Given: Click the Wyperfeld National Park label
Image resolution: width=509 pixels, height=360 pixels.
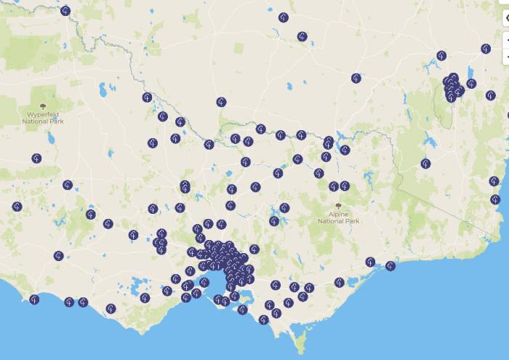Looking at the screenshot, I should (x=45, y=118).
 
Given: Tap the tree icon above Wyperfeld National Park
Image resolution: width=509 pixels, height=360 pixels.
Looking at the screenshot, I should (x=46, y=103).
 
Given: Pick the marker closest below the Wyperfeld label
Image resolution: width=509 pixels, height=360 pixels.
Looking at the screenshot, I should (x=36, y=158).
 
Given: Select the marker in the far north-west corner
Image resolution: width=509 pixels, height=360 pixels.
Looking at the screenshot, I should (x=65, y=11).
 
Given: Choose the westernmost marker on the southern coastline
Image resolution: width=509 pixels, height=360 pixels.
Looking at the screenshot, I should (x=33, y=299).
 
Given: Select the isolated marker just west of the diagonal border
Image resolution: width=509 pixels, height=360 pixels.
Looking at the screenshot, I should (x=425, y=164).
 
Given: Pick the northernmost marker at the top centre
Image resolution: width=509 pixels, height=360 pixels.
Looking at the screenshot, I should (x=283, y=17).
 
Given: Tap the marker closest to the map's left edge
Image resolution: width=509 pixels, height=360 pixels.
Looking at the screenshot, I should (x=17, y=207).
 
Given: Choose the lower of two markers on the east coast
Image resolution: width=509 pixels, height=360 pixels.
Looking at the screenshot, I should (x=495, y=199).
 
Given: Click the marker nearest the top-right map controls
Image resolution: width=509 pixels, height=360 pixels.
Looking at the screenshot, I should (x=486, y=49).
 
